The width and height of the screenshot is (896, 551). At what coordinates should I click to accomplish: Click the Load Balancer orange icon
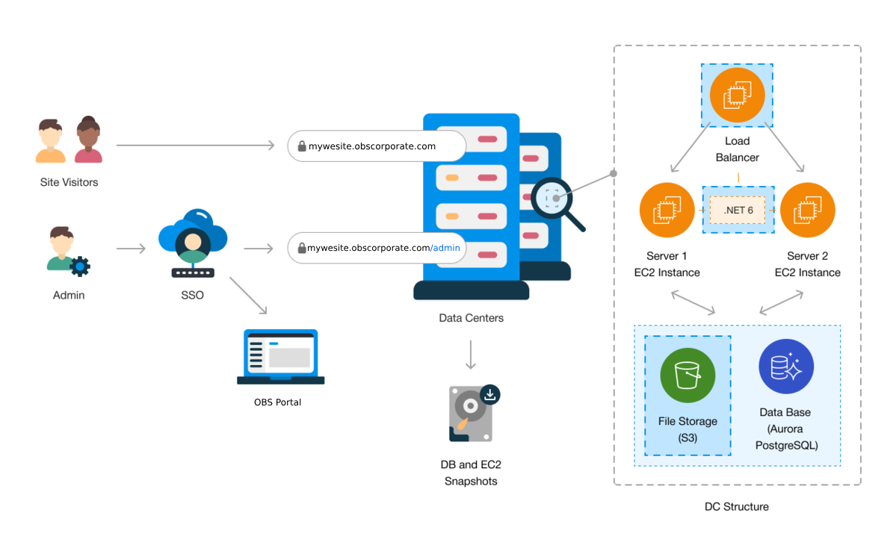coord(737,95)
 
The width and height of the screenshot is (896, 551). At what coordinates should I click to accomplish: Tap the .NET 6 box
coord(738,211)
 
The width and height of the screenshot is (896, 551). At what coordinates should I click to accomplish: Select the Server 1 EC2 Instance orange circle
coord(667,210)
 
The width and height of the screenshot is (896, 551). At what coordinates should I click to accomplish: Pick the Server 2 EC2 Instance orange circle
coord(807,210)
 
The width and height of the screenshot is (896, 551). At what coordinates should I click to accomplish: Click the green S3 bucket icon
coord(688,375)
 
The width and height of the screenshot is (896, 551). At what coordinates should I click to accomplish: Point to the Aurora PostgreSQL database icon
coord(786,367)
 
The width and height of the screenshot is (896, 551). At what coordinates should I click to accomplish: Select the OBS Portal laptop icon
coord(280,357)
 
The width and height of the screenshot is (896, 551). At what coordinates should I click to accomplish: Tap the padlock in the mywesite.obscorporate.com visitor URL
coord(302,146)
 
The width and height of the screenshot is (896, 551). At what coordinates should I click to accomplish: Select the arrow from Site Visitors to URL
coord(196,145)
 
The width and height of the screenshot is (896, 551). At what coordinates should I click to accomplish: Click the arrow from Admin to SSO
coord(131,248)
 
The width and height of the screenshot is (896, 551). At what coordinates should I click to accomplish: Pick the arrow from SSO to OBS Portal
coord(248,296)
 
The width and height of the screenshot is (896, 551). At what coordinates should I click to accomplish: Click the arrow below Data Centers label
coord(471,355)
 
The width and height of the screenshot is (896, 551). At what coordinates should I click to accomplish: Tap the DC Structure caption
coord(736,507)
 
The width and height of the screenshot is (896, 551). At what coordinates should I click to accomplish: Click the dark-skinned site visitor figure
coord(88,140)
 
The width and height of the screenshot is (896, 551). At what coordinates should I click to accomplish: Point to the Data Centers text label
coord(471,318)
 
